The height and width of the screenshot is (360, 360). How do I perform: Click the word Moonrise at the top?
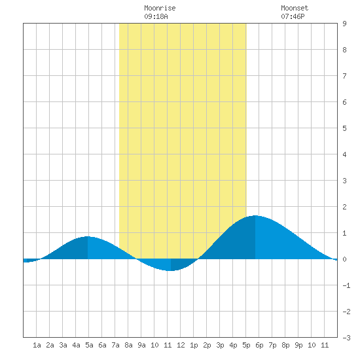[160, 8]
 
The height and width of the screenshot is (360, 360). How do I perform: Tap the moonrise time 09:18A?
[156, 16]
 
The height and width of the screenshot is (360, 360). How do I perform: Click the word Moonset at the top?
[295, 8]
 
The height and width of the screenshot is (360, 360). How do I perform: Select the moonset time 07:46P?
[293, 16]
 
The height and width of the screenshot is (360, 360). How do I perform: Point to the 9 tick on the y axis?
[344, 24]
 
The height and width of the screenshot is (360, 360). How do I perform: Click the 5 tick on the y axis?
[344, 128]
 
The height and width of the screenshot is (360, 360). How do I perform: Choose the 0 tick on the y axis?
[344, 259]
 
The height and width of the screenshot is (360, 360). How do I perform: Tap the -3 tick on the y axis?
[346, 338]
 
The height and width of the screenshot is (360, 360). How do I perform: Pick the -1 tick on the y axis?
[346, 285]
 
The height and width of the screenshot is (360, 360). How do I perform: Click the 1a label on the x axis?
[37, 345]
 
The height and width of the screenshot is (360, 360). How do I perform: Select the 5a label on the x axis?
[89, 345]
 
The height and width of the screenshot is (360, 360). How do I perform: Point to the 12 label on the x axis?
[181, 345]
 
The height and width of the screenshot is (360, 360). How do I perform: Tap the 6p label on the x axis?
[259, 345]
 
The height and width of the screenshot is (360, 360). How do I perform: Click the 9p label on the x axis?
[298, 345]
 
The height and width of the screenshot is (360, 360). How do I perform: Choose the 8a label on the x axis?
[128, 345]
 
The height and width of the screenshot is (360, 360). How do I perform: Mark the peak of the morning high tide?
[88, 236]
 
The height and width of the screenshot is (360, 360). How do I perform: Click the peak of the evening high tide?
[255, 215]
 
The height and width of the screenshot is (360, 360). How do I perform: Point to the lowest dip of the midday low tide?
[171, 271]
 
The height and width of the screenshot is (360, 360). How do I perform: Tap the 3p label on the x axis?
[220, 345]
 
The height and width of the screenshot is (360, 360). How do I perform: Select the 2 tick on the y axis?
[344, 207]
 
